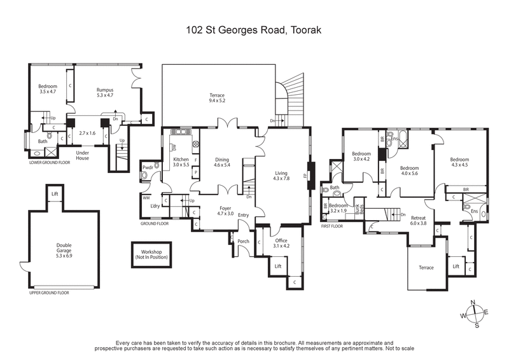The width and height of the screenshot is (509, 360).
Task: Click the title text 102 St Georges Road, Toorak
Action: (x=254, y=29)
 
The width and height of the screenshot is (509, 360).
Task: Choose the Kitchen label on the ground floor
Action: (x=181, y=158)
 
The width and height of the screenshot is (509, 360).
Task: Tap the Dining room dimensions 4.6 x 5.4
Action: (x=221, y=165)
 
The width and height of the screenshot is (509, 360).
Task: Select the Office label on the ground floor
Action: (x=281, y=241)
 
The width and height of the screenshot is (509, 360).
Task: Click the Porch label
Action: (x=243, y=241)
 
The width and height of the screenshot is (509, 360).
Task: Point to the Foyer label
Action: (x=225, y=208)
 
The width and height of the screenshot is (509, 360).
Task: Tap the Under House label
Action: (x=81, y=155)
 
